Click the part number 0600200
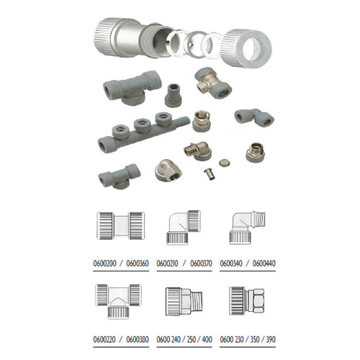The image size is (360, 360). [104, 264]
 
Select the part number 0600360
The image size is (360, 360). [138, 264]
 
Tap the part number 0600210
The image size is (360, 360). [167, 264]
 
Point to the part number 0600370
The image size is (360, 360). [201, 264]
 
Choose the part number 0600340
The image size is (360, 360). [231, 264]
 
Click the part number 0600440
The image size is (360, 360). [264, 264]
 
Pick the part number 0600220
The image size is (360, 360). [104, 339]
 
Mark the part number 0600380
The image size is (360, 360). [138, 339]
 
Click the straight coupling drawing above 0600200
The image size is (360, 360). [121, 225]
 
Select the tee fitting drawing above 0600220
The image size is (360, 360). [118, 302]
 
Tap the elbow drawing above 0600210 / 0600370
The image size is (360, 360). [184, 228]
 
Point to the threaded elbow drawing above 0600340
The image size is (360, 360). [247, 228]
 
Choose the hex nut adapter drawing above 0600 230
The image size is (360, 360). [247, 301]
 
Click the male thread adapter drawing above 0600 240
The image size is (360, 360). [184, 301]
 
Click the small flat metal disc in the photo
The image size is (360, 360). [225, 163]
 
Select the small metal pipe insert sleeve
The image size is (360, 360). [209, 174]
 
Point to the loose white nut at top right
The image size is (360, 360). [246, 48]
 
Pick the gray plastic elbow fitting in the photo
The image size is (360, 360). [254, 117]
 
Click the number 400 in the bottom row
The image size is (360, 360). [207, 339]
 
